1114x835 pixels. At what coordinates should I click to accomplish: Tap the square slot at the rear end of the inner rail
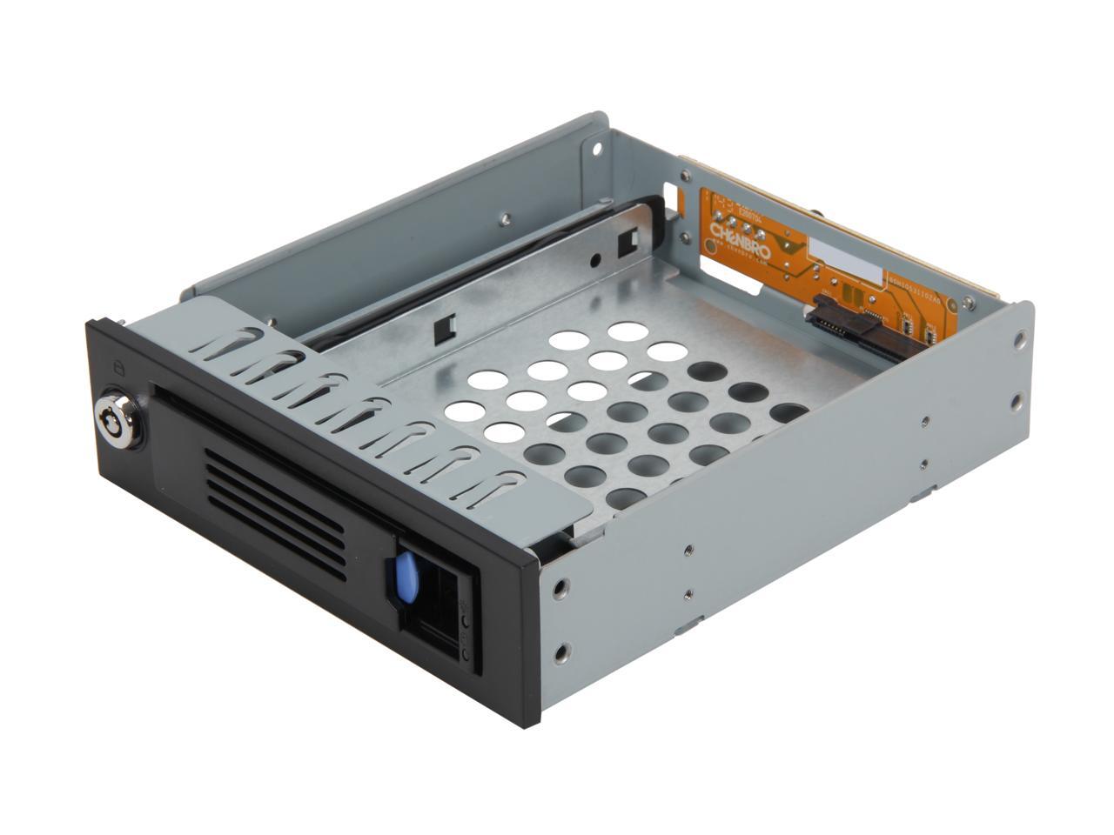tap(625, 243)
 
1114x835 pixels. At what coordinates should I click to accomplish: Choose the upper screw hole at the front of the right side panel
tap(568, 584)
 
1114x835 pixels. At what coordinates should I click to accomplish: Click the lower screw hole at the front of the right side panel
tap(567, 648)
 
